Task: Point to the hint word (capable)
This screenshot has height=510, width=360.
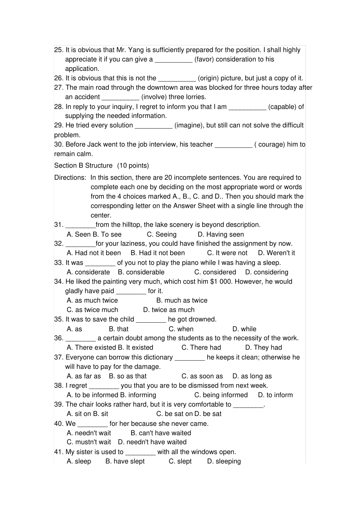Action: (x=282, y=107)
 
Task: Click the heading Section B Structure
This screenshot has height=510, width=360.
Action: (x=83, y=165)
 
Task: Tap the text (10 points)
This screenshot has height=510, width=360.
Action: (x=133, y=165)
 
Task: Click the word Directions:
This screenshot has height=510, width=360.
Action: (x=70, y=177)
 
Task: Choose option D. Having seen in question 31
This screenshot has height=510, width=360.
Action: (x=221, y=234)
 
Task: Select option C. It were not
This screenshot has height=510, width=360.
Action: (x=227, y=253)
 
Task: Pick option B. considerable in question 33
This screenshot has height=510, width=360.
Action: (x=141, y=272)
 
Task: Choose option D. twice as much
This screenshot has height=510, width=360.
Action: (x=169, y=309)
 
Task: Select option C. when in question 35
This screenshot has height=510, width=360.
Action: (x=181, y=329)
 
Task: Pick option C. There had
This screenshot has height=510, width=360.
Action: (x=201, y=347)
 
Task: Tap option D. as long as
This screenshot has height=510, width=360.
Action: (x=252, y=376)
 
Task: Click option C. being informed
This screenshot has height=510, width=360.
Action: (x=221, y=395)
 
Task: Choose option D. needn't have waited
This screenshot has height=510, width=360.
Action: (x=152, y=442)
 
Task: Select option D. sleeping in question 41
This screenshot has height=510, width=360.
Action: (x=224, y=461)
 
